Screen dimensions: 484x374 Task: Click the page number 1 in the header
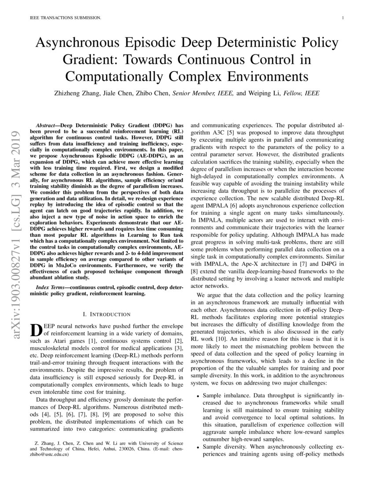pos(342,18)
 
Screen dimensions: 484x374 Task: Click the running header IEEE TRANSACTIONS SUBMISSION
pos(66,18)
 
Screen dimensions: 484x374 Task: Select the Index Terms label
pos(50,287)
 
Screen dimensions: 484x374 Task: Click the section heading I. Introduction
pos(106,314)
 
